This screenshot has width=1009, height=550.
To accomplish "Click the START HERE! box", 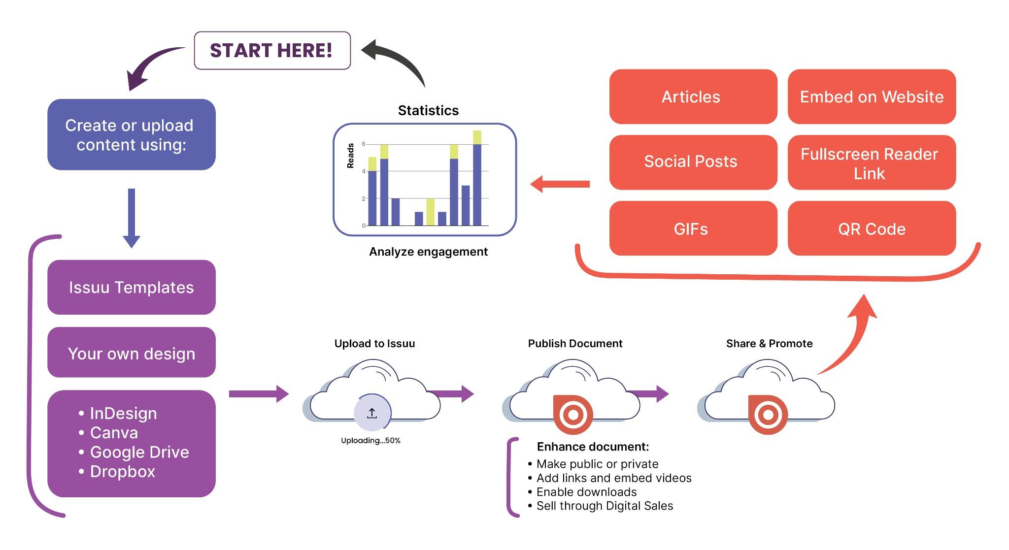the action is [272, 51].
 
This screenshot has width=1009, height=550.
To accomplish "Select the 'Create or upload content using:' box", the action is [132, 134].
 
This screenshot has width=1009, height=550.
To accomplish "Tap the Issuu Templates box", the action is [132, 287].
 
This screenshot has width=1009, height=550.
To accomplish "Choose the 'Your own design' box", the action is [132, 353].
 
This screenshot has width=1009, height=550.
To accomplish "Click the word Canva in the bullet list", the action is [114, 433].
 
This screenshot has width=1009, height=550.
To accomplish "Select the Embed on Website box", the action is [872, 97].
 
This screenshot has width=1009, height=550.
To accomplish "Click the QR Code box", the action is [872, 228].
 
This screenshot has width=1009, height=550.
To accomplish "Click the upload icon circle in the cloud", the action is [372, 413].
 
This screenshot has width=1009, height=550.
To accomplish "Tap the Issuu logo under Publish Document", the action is [572, 415].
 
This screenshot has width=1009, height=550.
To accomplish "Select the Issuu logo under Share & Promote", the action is [768, 415].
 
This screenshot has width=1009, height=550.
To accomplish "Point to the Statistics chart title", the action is [428, 110].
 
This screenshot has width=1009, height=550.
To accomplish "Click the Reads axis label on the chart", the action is [351, 156].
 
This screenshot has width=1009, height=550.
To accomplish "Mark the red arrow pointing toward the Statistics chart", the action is [560, 184].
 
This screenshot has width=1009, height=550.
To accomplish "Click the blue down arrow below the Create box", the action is [132, 218].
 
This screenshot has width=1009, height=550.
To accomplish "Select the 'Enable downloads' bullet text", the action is [586, 492].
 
